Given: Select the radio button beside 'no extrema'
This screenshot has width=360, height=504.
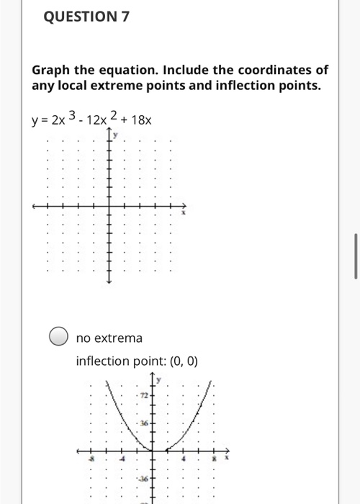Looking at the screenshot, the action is point(58,337).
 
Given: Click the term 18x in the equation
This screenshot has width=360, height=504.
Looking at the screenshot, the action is point(140,120).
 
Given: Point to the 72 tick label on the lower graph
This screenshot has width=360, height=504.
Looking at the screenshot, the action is point(144,397).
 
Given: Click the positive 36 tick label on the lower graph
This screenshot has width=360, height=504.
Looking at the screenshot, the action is point(144,424).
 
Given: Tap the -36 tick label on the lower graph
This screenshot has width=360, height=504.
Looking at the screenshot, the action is point(143,479).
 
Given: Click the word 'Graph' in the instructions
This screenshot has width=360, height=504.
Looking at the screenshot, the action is point(50,71).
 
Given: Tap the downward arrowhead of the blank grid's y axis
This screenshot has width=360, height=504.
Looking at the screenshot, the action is point(109,283).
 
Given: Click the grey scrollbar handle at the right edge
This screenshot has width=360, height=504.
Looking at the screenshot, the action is point(356,256).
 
